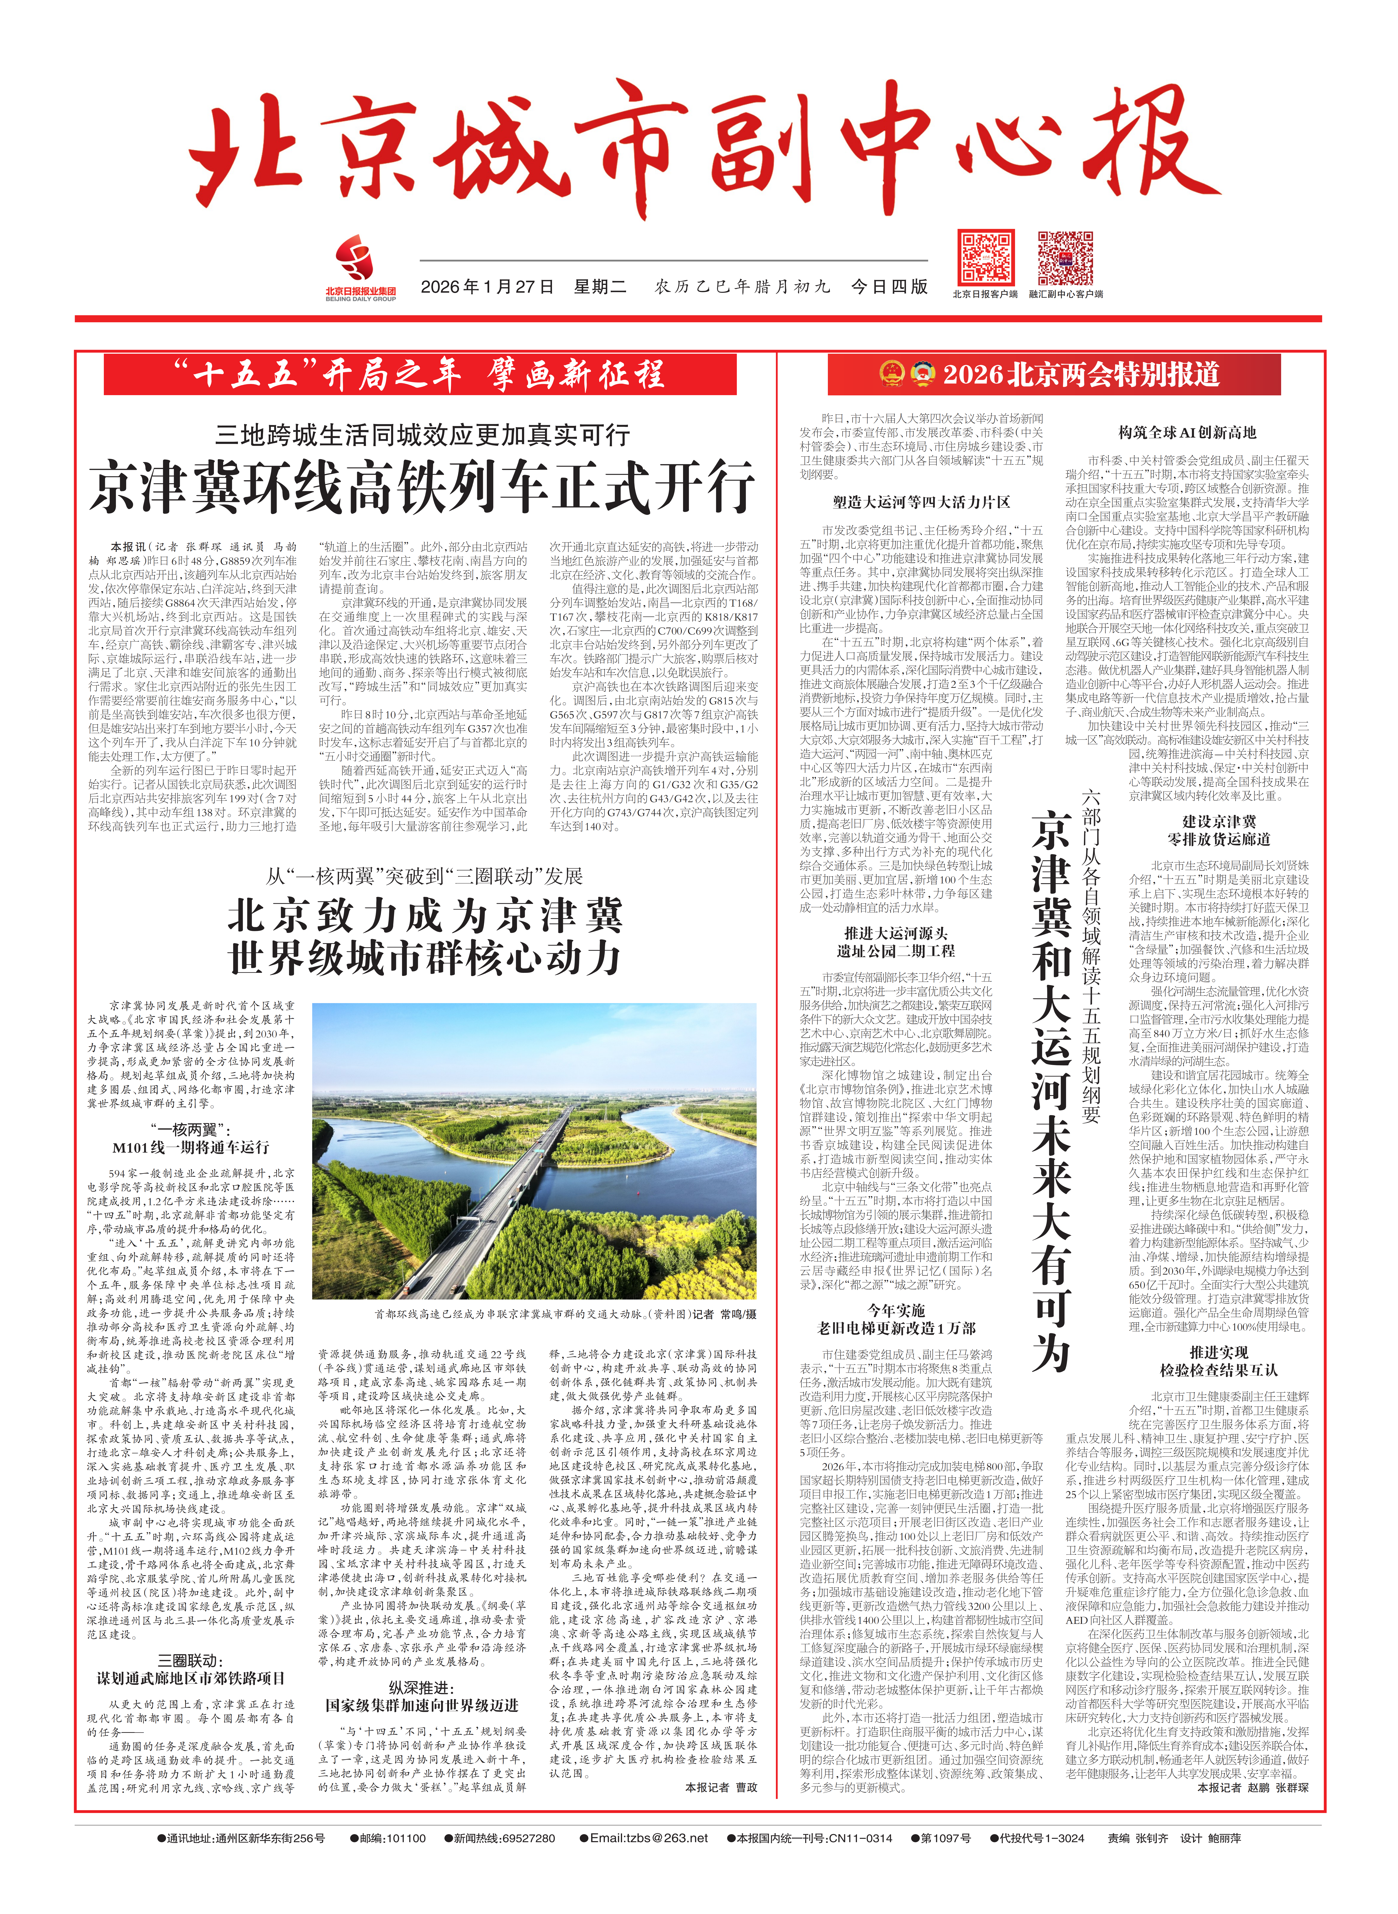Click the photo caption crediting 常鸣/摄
point(565,1314)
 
